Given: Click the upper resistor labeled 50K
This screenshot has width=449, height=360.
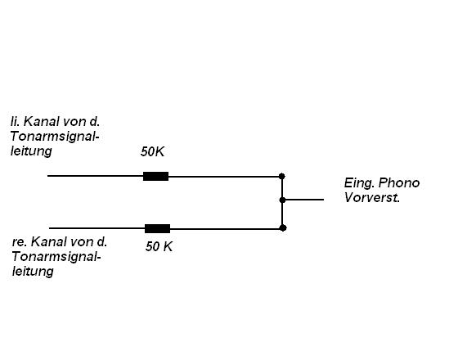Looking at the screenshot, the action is (155, 176).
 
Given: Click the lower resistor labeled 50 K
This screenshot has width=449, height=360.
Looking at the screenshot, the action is (158, 228).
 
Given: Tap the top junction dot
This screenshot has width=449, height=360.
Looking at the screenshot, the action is (282, 176).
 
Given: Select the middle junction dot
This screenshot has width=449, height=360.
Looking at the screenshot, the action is (282, 200).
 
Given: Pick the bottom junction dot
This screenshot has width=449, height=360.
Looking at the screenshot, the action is (283, 228).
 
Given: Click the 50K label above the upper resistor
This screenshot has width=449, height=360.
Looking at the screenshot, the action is (152, 152).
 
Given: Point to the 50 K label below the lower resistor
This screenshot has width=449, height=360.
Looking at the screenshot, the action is (159, 246).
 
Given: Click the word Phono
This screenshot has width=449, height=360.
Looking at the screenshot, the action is (399, 183).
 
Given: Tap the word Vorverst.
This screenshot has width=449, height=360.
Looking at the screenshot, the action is (372, 198).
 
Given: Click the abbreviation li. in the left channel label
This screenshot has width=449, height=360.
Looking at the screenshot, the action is (15, 122).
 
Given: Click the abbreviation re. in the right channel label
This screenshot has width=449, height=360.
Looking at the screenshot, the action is (19, 242).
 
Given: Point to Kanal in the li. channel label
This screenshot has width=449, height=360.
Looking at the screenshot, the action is (41, 122).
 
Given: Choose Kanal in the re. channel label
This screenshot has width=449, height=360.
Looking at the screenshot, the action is (48, 242).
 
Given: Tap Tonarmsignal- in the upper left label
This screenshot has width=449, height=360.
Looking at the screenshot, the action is (55, 137).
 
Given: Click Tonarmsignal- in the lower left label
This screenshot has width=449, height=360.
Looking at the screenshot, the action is (56, 257).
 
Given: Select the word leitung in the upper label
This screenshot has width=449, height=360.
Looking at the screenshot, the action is (31, 151).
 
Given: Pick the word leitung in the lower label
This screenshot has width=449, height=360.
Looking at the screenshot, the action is (33, 272).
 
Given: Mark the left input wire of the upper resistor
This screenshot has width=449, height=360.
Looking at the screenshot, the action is (96, 176).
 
